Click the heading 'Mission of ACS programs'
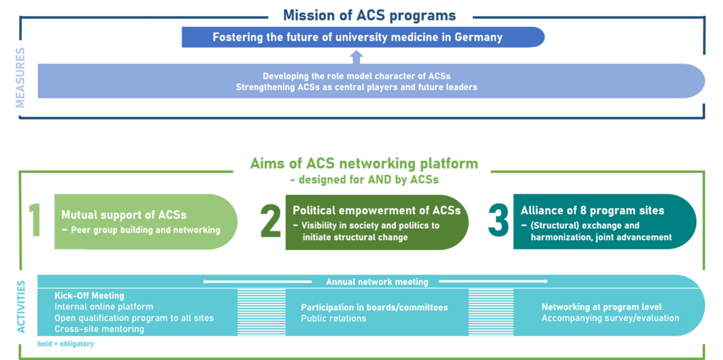[369, 15]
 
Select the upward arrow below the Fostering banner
[355, 56]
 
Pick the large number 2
[270, 221]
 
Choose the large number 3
[498, 220]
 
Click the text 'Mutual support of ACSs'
[124, 215]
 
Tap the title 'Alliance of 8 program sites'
[592, 211]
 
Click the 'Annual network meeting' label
[377, 282]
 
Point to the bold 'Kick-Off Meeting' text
[90, 296]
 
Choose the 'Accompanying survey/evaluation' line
[610, 318]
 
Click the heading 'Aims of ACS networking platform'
[364, 164]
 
